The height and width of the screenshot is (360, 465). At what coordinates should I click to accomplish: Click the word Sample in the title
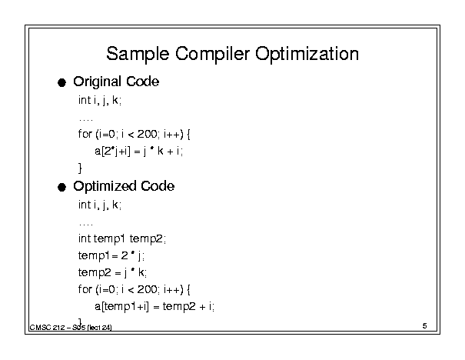tap(138, 55)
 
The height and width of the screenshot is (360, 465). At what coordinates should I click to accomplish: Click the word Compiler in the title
tap(212, 55)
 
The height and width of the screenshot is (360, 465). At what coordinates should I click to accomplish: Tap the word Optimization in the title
tap(307, 54)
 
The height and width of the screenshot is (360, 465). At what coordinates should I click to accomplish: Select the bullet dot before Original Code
tap(61, 82)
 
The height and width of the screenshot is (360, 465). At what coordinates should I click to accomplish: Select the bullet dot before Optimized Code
tap(61, 187)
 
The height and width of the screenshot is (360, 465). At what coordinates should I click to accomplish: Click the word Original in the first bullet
tap(97, 82)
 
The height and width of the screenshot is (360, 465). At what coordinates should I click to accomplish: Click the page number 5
tap(425, 326)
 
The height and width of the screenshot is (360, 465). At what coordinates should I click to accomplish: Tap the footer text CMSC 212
tap(47, 328)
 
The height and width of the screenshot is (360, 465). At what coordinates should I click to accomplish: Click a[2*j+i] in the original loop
tap(112, 152)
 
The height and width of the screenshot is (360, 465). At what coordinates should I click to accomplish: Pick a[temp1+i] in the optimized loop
tap(121, 306)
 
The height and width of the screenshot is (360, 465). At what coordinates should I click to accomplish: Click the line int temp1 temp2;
tap(122, 238)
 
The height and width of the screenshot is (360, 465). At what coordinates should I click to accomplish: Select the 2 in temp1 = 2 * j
tap(125, 255)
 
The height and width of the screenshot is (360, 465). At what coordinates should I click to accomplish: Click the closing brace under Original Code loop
tap(80, 168)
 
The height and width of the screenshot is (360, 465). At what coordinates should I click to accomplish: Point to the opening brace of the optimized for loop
tap(188, 289)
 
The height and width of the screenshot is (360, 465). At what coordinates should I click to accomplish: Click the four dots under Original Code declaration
tap(86, 120)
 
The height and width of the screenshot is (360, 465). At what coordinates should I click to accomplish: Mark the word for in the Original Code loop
tap(85, 134)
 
